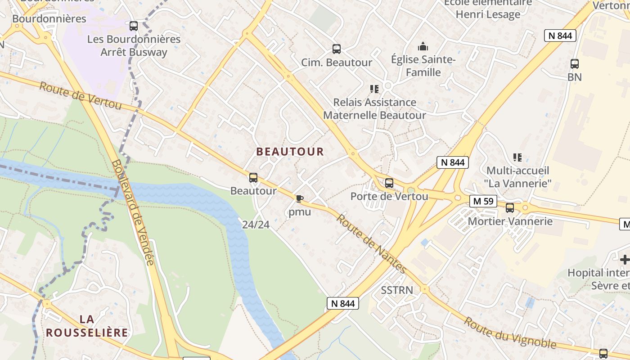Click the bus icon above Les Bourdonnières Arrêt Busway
(133, 26)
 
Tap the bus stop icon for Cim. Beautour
(336, 49)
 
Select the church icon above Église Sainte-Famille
(423, 46)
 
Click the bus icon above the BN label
(574, 63)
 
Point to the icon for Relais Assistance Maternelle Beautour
(374, 89)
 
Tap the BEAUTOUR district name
(290, 152)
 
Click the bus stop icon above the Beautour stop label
(253, 178)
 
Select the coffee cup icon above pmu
(299, 198)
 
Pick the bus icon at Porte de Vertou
(389, 183)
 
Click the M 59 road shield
(483, 201)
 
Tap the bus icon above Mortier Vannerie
(509, 208)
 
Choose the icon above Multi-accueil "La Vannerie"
(517, 157)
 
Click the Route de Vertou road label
(81, 95)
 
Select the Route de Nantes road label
(372, 244)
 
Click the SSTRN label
(396, 290)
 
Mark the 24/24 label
(256, 224)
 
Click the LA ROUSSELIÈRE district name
(87, 326)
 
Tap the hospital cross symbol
(625, 260)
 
